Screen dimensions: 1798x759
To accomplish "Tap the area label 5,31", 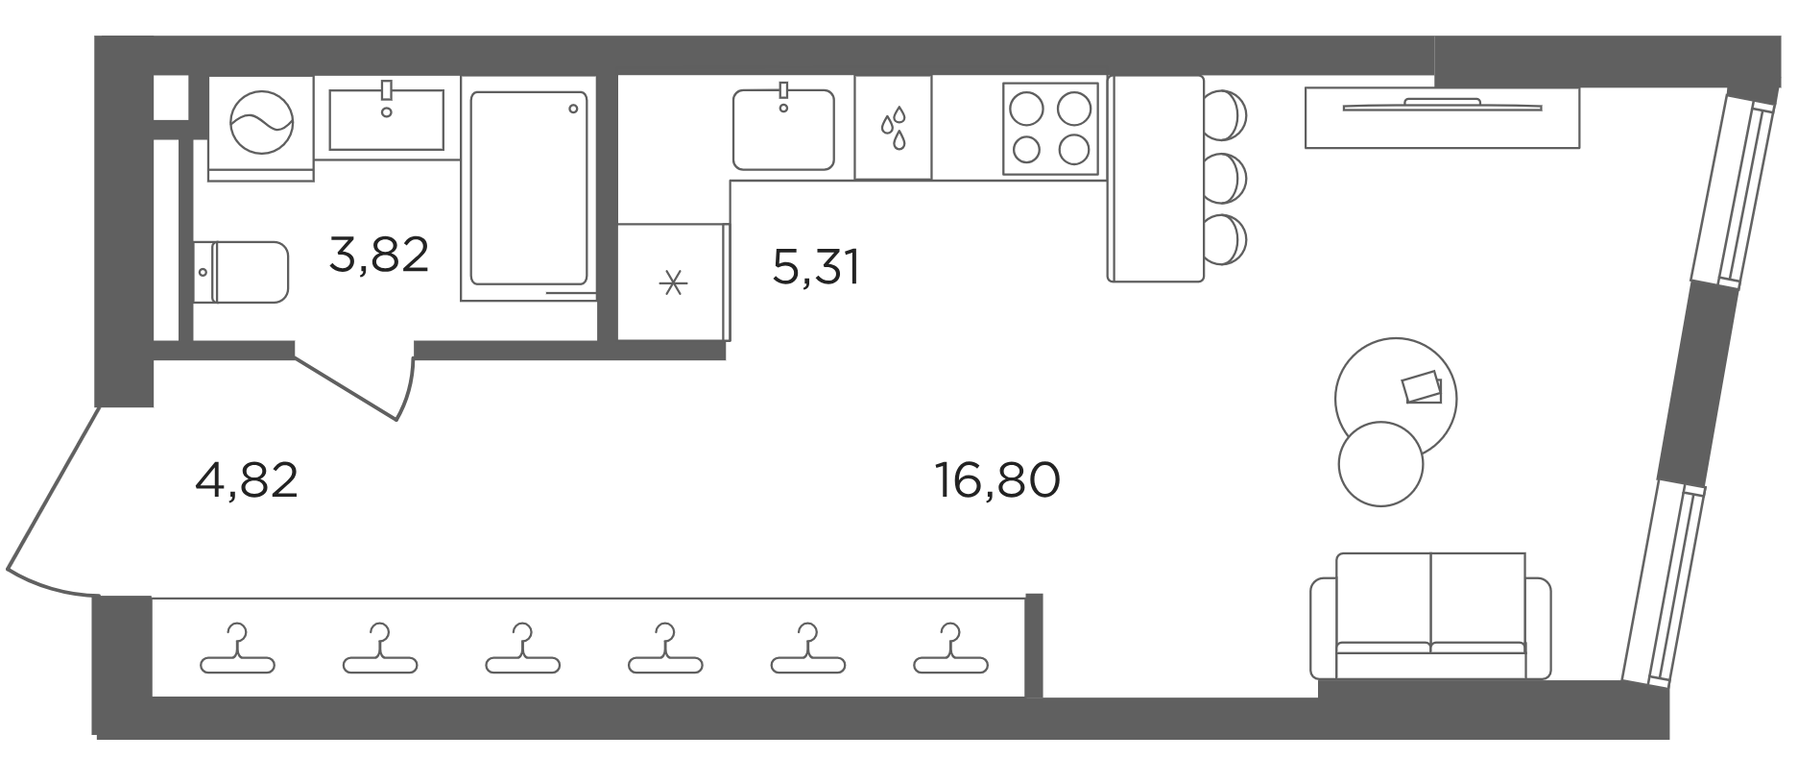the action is (x=816, y=267).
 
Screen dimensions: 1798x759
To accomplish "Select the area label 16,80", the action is (x=997, y=480).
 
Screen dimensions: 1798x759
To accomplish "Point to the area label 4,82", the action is (x=247, y=480).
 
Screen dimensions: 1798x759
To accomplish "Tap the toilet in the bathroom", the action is (x=241, y=272).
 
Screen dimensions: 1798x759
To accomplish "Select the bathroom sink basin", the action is (x=386, y=119).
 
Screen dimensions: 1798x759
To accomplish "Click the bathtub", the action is (x=527, y=189).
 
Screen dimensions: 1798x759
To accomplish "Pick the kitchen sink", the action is (x=783, y=129).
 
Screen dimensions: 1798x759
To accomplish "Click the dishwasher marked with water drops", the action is (x=893, y=128).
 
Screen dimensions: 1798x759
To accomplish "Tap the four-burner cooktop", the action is (x=1050, y=128).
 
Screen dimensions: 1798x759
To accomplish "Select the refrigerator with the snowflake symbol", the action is (x=674, y=282).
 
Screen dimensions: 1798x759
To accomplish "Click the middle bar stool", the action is (x=1225, y=178).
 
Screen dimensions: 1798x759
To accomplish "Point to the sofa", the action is (x=1430, y=616).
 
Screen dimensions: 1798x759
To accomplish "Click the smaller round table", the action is (x=1380, y=464).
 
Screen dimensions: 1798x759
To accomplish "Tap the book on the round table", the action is (x=1422, y=388).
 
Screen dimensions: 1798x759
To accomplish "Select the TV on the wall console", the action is (x=1442, y=105).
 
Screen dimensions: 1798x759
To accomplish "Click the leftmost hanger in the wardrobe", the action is (x=238, y=649).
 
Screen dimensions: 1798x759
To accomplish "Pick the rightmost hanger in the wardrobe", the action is (x=951, y=649).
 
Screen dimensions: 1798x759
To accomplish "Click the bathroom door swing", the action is (x=357, y=388).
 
